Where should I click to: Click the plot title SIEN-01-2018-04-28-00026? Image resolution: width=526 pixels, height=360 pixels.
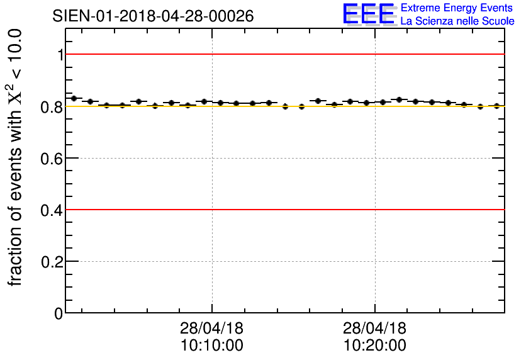[153, 16]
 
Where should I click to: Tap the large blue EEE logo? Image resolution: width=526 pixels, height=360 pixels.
[369, 14]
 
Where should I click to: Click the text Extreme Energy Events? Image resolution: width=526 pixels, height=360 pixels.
[457, 9]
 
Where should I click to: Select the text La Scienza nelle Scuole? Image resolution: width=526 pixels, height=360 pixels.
[457, 21]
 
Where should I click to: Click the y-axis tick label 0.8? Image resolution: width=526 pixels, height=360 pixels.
[52, 106]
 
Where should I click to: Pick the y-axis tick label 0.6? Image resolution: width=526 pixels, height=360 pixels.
[52, 158]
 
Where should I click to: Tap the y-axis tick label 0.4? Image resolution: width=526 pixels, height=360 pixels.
[52, 210]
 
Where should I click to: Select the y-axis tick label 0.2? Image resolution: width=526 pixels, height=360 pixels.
[52, 261]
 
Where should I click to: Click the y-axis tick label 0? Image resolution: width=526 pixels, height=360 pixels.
[59, 313]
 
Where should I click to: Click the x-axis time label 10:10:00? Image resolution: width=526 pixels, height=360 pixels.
[212, 346]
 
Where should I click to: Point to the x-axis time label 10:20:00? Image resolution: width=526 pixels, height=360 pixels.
[375, 346]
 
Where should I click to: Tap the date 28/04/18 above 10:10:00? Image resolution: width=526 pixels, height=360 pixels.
[212, 329]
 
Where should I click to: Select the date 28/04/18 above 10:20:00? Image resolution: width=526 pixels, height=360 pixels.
[375, 329]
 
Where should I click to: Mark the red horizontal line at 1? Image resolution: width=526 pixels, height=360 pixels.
[283, 54]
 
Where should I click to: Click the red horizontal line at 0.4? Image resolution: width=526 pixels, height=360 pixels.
[283, 209]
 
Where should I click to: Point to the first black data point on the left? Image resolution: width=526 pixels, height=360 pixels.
[74, 98]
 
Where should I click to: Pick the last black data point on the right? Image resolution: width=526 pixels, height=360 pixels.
[496, 106]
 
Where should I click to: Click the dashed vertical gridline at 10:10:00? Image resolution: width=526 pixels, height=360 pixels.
[212, 252]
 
